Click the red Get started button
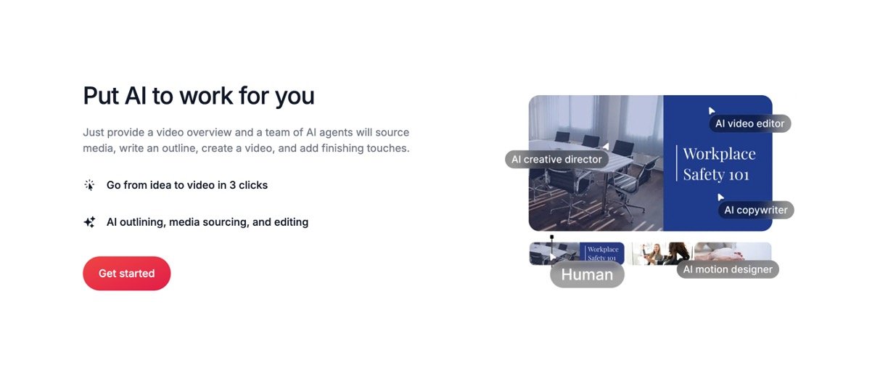pos(126,274)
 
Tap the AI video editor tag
pos(749,123)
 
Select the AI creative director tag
pos(556,159)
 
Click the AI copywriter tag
pos(755,210)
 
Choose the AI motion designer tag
pos(728,269)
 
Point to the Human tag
pos(587,274)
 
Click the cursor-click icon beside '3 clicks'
pos(89,185)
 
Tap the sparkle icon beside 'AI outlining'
pos(89,222)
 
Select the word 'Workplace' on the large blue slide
pos(719,154)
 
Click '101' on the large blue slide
pos(739,175)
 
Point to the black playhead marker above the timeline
pos(552,237)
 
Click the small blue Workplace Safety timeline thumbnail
pos(601,253)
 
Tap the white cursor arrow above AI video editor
pos(712,110)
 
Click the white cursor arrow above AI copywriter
pos(720,197)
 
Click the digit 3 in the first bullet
pos(232,185)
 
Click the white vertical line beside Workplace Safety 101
pos(676,163)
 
